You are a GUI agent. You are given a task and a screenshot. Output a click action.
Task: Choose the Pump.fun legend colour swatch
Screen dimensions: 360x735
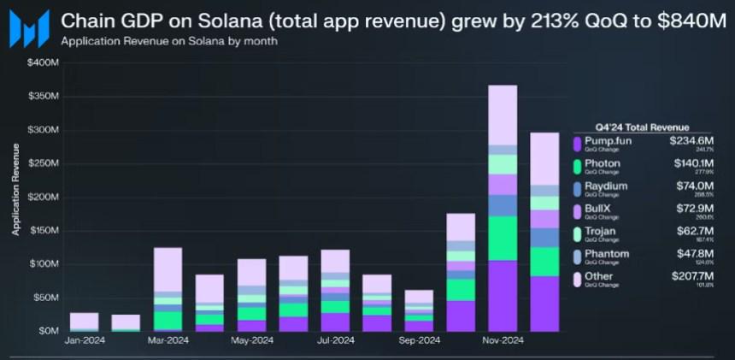(578, 143)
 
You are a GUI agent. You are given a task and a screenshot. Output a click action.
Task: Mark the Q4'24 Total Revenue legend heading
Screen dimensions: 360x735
(641, 127)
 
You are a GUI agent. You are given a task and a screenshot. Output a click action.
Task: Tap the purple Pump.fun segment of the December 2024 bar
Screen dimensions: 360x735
(544, 303)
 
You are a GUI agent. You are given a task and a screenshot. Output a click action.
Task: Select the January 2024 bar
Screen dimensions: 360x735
(84, 322)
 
